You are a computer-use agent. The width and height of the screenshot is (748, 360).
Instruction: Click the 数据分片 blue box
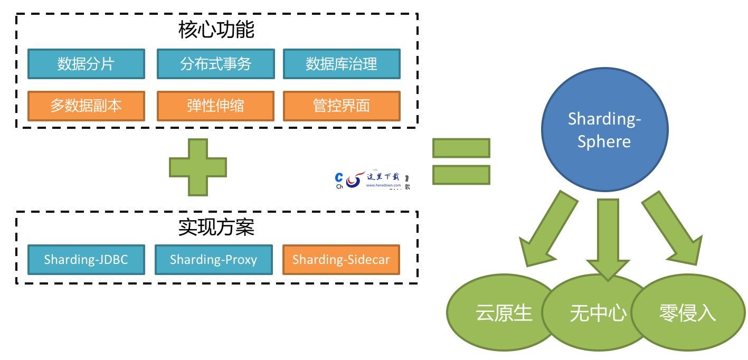[x=86, y=64]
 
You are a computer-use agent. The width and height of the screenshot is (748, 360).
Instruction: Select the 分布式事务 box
[x=215, y=64]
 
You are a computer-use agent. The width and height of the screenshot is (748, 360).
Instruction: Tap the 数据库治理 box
[x=342, y=64]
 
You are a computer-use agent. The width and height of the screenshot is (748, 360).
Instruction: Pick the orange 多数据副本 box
[x=86, y=106]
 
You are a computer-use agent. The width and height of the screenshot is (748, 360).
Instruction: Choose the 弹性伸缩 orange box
[x=215, y=106]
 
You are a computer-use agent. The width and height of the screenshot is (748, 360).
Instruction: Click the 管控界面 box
[x=342, y=106]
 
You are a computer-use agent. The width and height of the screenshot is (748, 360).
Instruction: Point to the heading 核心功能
[x=216, y=30]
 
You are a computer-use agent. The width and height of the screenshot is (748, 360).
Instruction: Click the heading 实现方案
[x=216, y=227]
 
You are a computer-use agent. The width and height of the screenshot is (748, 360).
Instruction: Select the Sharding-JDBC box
[x=86, y=260]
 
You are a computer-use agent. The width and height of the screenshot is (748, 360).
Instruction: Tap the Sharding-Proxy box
[x=213, y=260]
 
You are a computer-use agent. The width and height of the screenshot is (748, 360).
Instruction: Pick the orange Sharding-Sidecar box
[x=341, y=260]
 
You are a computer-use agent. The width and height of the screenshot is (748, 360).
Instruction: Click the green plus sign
[x=197, y=167]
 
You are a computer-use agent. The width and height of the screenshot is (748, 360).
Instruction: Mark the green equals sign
[x=461, y=162]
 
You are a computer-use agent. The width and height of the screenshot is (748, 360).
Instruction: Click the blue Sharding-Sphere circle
[x=604, y=129]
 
